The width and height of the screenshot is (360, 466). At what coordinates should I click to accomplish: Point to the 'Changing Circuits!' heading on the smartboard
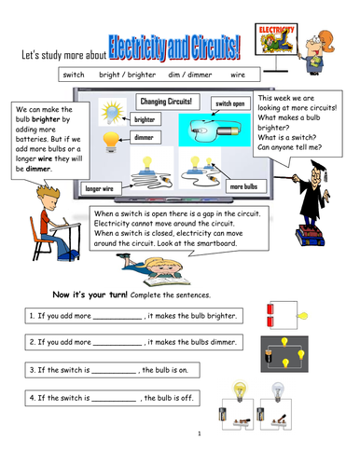click(x=166, y=102)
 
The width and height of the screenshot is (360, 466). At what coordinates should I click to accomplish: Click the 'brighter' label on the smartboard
click(x=145, y=119)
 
